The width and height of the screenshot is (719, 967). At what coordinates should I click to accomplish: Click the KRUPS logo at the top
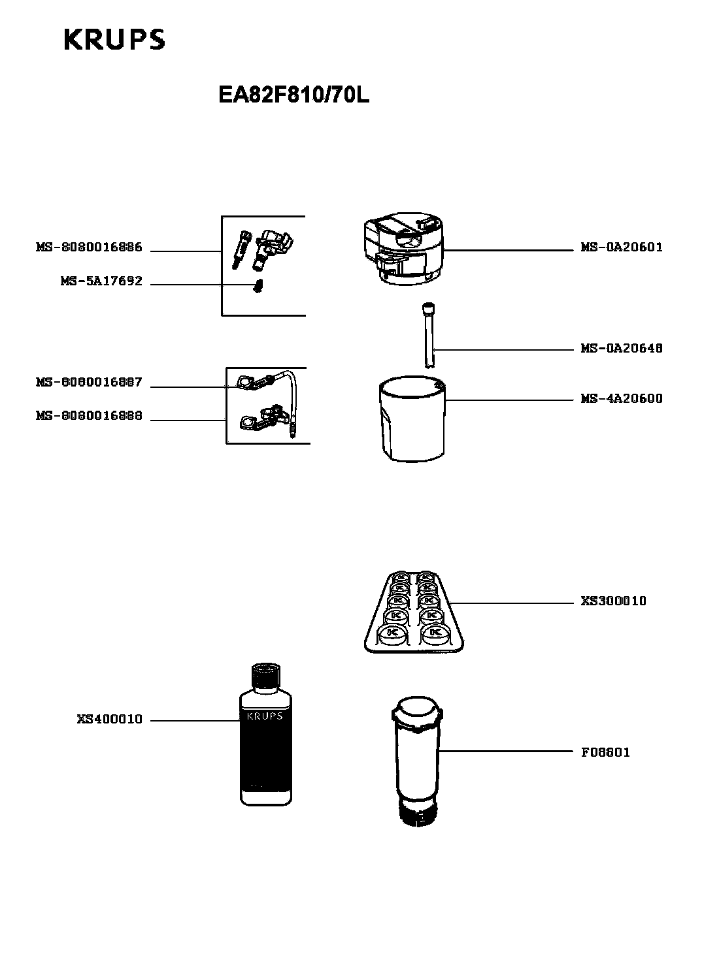[114, 39]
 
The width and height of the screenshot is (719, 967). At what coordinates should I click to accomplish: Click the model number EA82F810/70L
[293, 95]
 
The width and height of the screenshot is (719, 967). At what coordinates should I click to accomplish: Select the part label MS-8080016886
[88, 248]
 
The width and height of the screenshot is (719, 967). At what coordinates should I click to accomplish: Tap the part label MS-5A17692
[101, 282]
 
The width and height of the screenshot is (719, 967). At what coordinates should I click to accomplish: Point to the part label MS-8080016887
[88, 383]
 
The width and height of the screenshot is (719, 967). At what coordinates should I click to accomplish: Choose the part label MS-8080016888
[88, 417]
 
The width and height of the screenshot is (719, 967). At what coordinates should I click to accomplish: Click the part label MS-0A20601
[622, 247]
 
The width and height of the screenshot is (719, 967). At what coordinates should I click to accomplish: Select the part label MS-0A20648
[622, 349]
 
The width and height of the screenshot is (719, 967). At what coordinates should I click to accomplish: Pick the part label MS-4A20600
[622, 399]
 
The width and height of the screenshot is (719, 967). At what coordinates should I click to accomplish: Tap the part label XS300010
[613, 601]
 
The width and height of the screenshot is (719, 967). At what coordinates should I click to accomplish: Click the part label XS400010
[109, 720]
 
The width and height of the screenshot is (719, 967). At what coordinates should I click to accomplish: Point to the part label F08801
[605, 752]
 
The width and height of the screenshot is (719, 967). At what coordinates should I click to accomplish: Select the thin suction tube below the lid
[428, 335]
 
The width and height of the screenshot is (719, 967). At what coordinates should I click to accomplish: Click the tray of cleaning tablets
[413, 612]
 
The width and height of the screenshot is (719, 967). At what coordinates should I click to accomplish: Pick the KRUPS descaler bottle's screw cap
[265, 676]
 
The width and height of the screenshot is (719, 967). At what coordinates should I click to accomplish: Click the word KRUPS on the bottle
[265, 716]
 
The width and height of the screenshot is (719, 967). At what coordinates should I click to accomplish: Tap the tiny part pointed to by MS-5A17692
[258, 287]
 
